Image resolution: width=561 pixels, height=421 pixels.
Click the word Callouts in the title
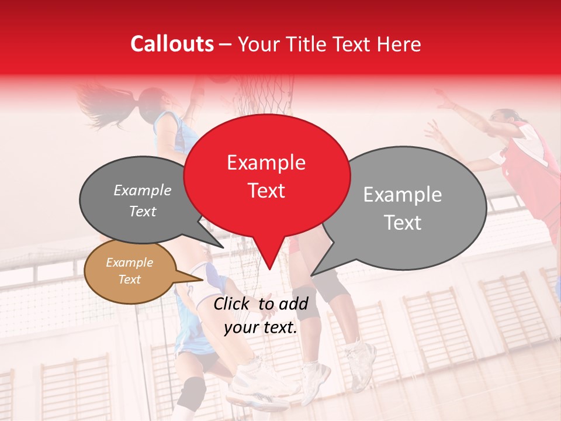172,44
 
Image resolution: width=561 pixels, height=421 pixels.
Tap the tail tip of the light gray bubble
312,275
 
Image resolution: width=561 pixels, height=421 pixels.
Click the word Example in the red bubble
266,163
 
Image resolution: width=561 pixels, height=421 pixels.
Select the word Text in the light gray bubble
403,223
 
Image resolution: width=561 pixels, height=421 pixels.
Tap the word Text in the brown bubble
129,279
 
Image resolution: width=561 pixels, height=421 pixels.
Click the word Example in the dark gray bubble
142,191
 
